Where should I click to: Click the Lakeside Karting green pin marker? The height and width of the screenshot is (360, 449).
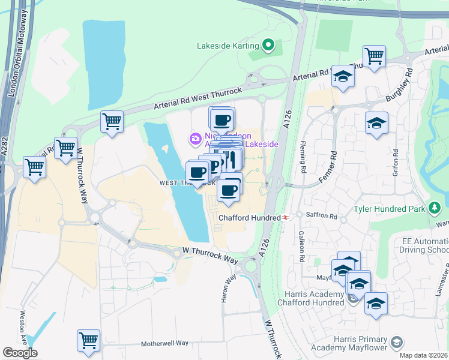click(x=269, y=45)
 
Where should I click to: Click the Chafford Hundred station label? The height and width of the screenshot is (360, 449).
click(x=250, y=218)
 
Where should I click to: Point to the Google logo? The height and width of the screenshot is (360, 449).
click(x=20, y=353)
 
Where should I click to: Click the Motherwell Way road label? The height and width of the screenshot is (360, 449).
click(x=164, y=344)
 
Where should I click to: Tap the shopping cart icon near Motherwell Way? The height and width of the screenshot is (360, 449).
click(x=88, y=340)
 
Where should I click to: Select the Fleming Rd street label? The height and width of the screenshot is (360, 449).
click(x=303, y=158)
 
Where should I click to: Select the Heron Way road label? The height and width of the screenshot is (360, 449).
click(x=226, y=289)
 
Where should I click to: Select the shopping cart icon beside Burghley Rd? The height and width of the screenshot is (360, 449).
click(x=374, y=56)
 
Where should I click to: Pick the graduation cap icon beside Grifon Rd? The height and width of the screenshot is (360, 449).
click(x=376, y=122)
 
